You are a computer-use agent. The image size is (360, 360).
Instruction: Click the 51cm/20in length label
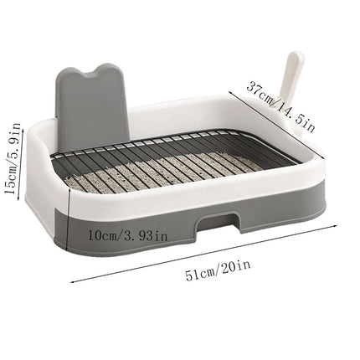point(218,270)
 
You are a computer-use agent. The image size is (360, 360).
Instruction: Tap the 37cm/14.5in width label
point(280,106)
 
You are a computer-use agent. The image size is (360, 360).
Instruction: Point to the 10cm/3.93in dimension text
point(128,236)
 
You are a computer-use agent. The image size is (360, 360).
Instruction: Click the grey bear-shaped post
point(91,106)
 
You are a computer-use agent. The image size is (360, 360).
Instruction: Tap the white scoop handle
point(291,77)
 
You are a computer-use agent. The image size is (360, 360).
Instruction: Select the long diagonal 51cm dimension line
point(204,254)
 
